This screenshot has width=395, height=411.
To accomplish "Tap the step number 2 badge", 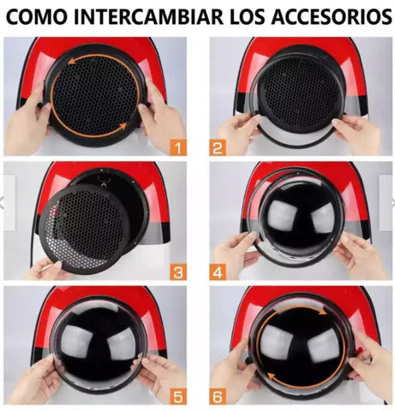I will point(217,146).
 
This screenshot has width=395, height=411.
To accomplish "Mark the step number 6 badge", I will point(217,396).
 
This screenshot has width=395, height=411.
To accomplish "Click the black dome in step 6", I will point(300,342).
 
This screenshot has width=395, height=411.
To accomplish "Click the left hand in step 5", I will point(34,377).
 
